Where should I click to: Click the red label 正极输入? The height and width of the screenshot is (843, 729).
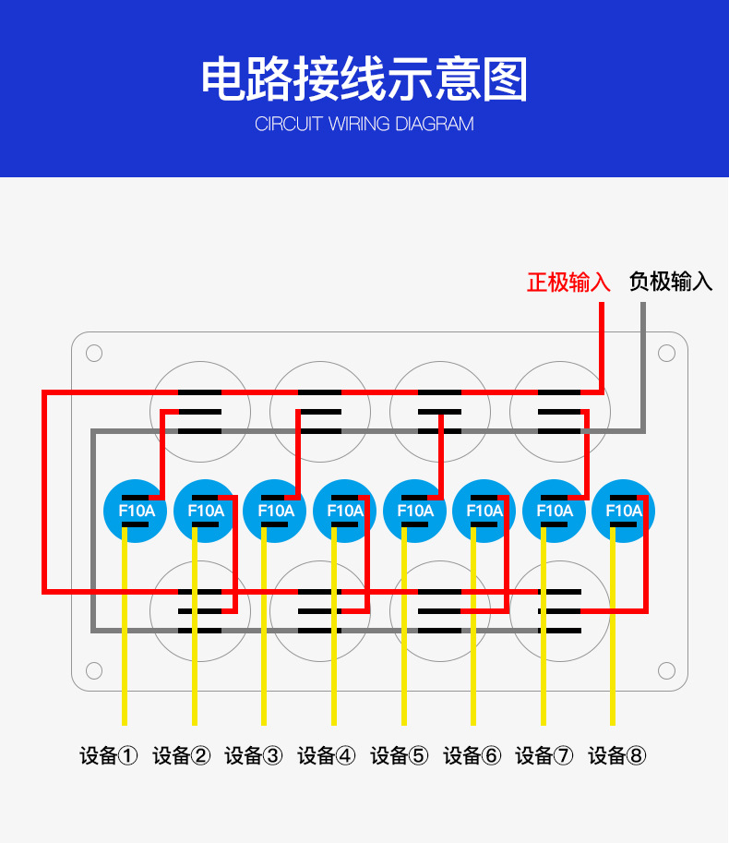tap(568, 282)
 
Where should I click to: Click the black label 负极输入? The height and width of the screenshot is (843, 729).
tap(671, 282)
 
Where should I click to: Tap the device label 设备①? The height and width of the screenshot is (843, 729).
tap(109, 756)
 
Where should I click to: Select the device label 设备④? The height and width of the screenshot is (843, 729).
tap(326, 756)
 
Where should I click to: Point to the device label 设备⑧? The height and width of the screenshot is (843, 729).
tap(617, 756)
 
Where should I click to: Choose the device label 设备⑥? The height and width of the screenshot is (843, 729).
tap(472, 756)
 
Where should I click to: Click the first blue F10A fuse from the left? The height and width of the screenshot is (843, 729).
tap(137, 511)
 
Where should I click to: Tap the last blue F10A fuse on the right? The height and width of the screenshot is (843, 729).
tap(624, 511)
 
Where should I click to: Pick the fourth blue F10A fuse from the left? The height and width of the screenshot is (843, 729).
tap(345, 511)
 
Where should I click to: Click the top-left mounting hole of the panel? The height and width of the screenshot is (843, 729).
tap(94, 354)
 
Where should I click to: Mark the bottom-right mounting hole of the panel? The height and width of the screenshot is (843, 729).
tap(666, 670)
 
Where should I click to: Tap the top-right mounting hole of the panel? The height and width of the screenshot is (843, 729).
tap(666, 354)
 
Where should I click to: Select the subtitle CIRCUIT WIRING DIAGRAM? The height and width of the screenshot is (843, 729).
tap(364, 124)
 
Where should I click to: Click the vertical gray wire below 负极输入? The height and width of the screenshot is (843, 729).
tap(643, 360)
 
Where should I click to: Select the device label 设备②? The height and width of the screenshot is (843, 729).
tap(181, 756)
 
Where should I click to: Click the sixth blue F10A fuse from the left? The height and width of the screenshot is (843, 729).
tap(484, 511)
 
